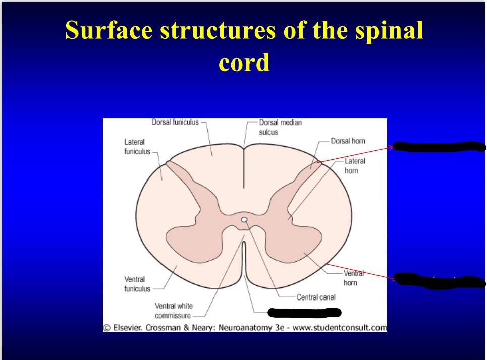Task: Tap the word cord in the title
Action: (244, 63)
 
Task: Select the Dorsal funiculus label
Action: (175, 122)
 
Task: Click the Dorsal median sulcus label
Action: (280, 127)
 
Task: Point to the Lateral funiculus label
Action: (137, 147)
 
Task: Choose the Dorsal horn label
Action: (348, 141)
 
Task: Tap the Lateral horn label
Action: (354, 166)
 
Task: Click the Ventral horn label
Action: (353, 278)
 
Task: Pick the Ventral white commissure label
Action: (174, 311)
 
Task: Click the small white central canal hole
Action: (244, 220)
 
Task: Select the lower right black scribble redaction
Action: (437, 280)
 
